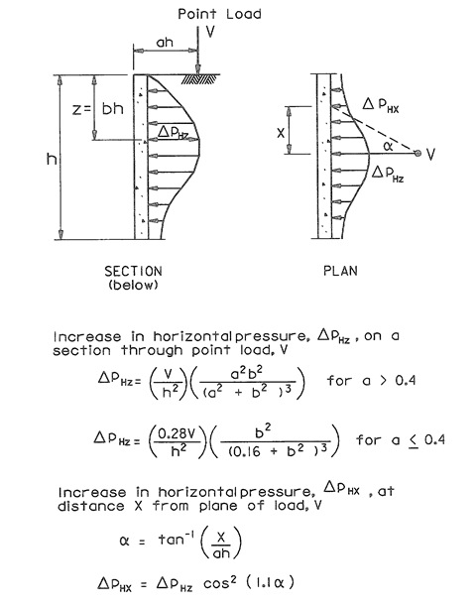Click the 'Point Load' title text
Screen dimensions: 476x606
pyautogui.click(x=219, y=14)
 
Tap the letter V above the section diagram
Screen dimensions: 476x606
pyautogui.click(x=210, y=32)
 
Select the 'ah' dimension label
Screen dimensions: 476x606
pyautogui.click(x=165, y=42)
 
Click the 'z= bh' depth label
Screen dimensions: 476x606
pyautogui.click(x=98, y=109)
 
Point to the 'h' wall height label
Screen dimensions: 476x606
pyautogui.click(x=52, y=159)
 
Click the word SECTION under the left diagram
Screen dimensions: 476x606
pyautogui.click(x=133, y=272)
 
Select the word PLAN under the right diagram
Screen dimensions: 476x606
pyautogui.click(x=340, y=271)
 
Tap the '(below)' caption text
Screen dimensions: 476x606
pyautogui.click(x=133, y=286)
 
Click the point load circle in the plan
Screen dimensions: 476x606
pyautogui.click(x=417, y=153)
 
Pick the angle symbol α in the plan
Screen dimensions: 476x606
pyautogui.click(x=389, y=146)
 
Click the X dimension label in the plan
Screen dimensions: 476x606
pyautogui.click(x=281, y=133)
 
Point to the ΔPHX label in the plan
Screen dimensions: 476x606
pyautogui.click(x=381, y=105)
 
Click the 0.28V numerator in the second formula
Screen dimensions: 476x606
pyautogui.click(x=177, y=433)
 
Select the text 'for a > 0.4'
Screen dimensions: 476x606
pyautogui.click(x=371, y=381)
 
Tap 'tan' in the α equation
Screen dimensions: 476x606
pyautogui.click(x=171, y=540)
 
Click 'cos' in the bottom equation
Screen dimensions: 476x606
pyautogui.click(x=217, y=584)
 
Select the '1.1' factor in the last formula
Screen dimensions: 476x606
pyautogui.click(x=263, y=583)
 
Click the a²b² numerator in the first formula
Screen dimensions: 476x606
pyautogui.click(x=247, y=373)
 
